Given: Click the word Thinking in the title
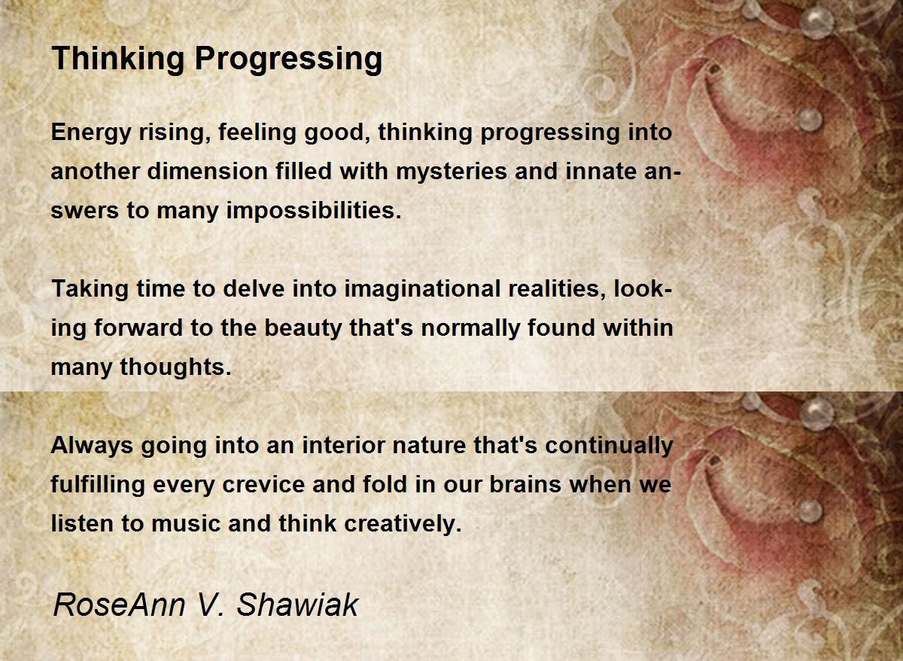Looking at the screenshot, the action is tap(118, 59).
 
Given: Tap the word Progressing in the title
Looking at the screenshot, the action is tap(289, 59).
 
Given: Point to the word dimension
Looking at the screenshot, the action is tap(207, 171).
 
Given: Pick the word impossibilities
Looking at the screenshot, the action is tap(314, 212).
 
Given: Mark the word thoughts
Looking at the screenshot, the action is tap(176, 367).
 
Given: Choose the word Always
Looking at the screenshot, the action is tap(92, 446).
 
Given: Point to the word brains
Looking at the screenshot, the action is tap(525, 484).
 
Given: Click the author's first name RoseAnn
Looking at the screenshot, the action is tap(119, 605).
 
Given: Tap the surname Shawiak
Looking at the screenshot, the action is tap(297, 605).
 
